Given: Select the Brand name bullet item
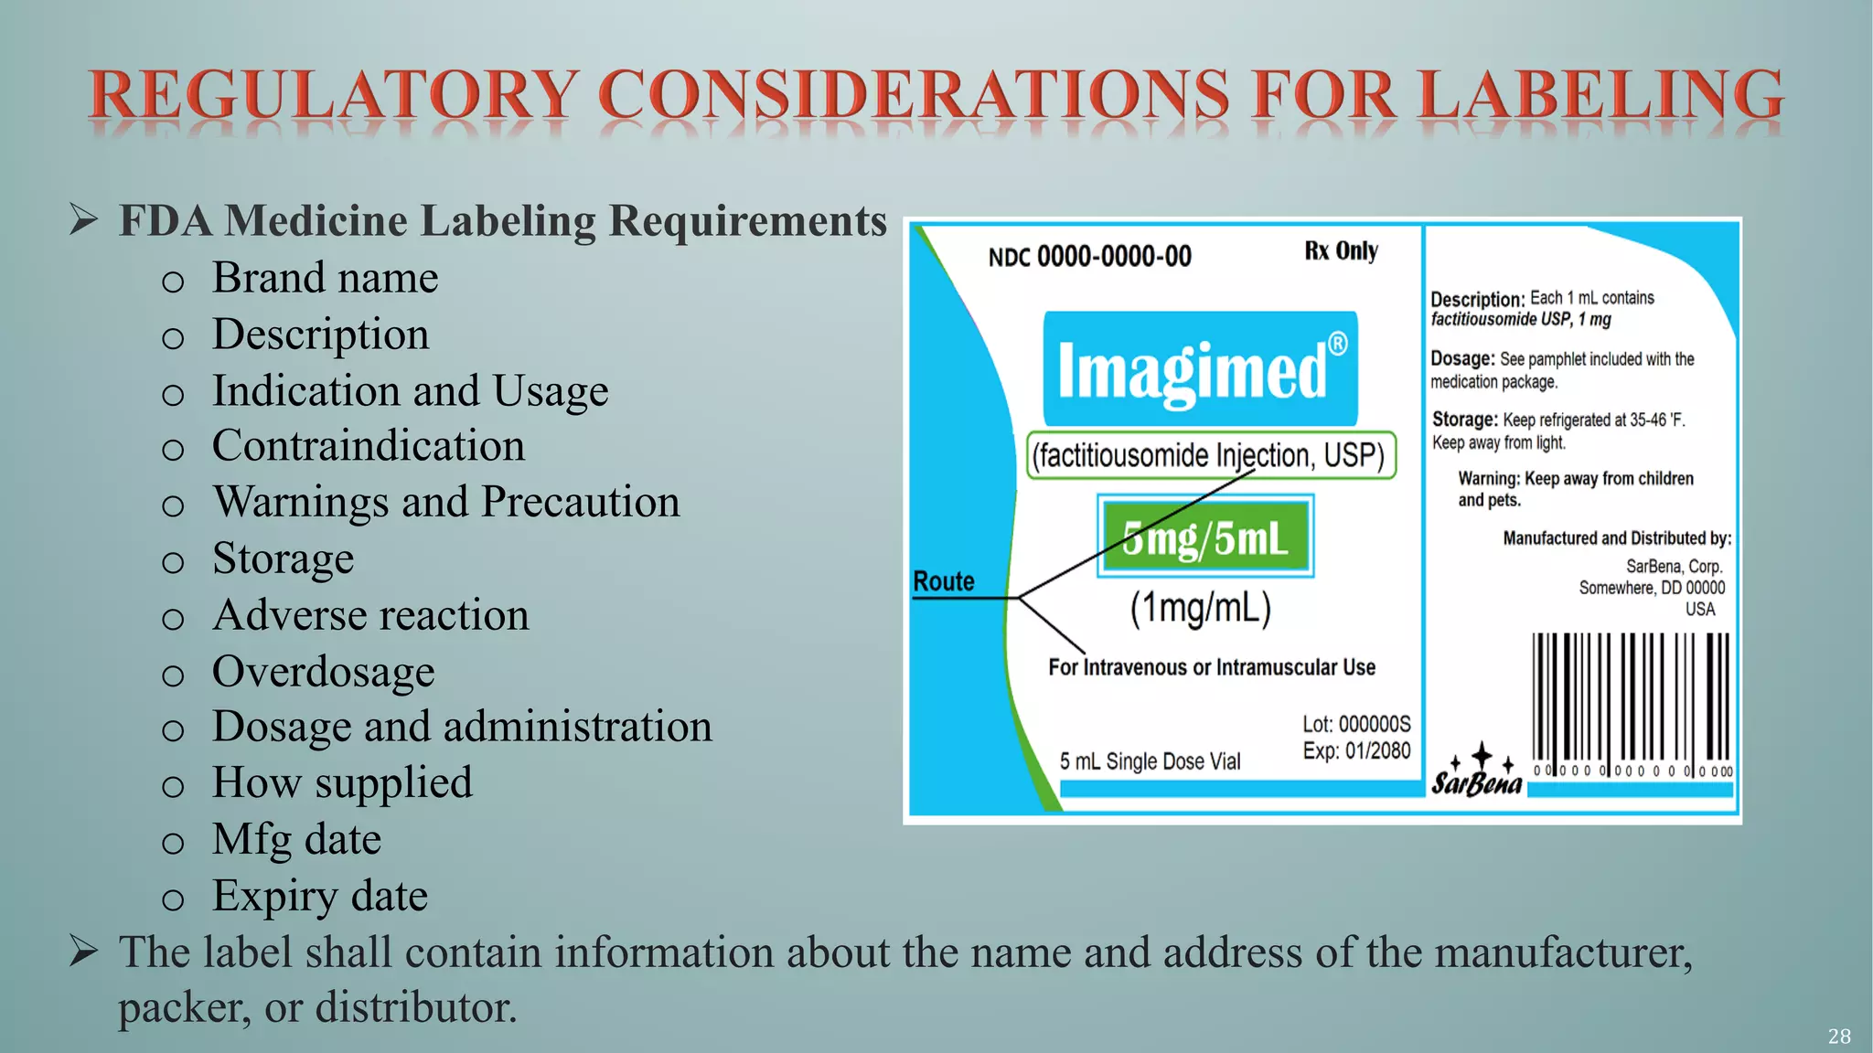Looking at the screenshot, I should (x=325, y=278).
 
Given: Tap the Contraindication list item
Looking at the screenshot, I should (x=368, y=446).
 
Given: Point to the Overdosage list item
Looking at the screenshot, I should (x=323, y=672).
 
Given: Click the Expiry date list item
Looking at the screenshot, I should (x=319, y=896).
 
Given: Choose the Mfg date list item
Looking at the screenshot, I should (x=296, y=839).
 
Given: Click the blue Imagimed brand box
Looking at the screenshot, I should (x=1200, y=368).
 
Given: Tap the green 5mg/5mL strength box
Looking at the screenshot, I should (x=1205, y=537).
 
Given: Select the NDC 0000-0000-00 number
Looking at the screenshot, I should (x=1089, y=257).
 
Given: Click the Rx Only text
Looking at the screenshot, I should (x=1341, y=251).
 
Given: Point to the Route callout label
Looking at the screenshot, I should (x=944, y=581).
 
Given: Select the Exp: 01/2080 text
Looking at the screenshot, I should (x=1356, y=751).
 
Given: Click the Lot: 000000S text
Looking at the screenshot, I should (x=1356, y=725).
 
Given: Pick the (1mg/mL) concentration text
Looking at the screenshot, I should (x=1200, y=609).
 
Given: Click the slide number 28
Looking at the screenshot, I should (x=1838, y=1037).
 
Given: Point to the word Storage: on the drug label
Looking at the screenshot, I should (x=1464, y=420).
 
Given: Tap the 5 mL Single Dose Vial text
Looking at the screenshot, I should (x=1150, y=761).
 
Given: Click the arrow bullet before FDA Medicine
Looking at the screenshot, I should (x=84, y=220).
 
